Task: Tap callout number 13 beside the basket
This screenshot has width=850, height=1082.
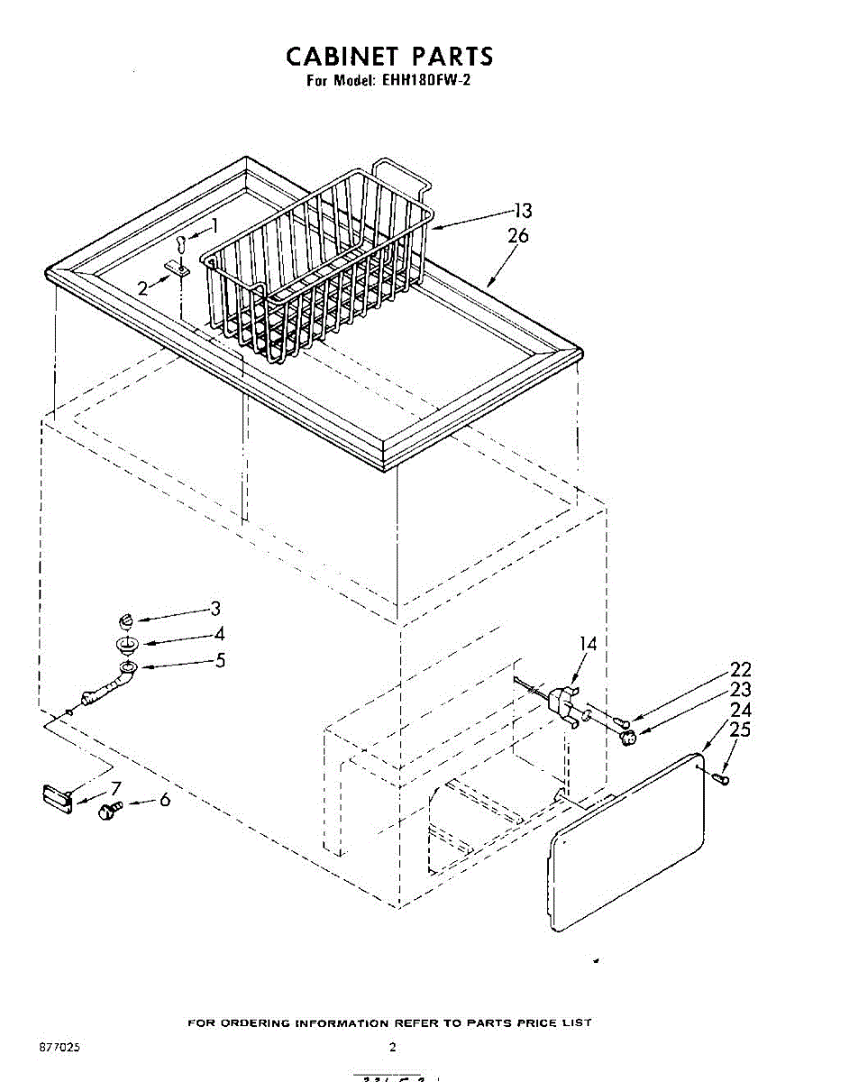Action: pos(523,211)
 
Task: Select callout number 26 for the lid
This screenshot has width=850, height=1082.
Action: pos(518,236)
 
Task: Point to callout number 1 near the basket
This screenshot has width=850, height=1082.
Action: pos(215,226)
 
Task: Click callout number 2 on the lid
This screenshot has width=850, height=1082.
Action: pos(143,289)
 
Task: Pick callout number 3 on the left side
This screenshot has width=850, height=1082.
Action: pos(215,609)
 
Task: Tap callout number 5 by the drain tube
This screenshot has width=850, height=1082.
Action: pos(219,660)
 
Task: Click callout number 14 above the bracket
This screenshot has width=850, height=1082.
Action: pos(588,644)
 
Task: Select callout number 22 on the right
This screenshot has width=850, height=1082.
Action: pos(740,670)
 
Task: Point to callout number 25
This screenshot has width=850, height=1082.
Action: pos(739,730)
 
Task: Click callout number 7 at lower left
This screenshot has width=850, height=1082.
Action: pos(115,787)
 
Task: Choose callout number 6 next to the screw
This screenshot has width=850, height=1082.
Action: pos(164,799)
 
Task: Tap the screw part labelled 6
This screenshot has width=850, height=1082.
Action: pos(110,811)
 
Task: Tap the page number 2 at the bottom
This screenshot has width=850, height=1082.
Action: pos(392,1047)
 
